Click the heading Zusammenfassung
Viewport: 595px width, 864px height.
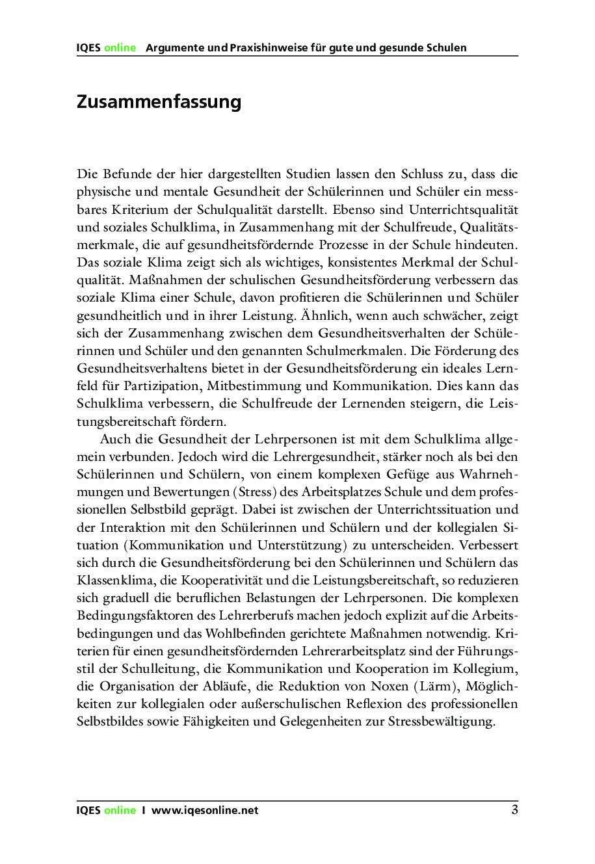coord(159,102)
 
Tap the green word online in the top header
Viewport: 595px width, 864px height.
coord(120,47)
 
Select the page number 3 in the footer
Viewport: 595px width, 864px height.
coord(514,809)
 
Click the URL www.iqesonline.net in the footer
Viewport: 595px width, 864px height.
coord(205,810)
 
